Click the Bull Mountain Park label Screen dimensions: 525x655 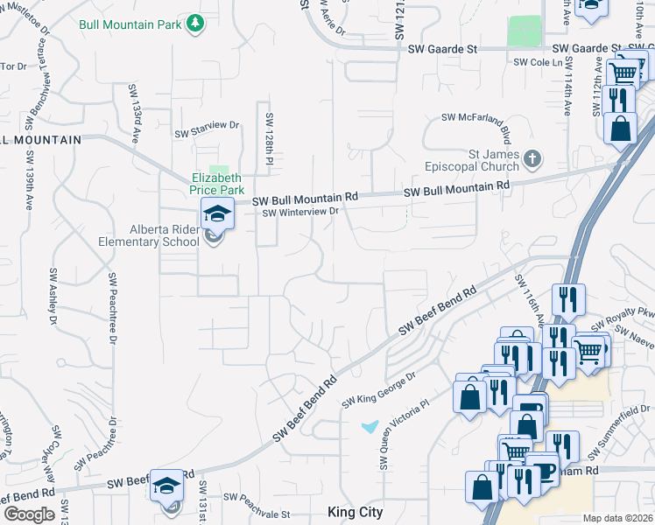(x=130, y=24)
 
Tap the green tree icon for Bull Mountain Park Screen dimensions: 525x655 (x=197, y=24)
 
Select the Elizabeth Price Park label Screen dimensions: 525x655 (x=217, y=183)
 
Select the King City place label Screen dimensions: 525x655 (x=355, y=512)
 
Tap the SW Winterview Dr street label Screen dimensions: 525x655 (x=300, y=212)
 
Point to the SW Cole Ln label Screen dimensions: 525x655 (x=537, y=62)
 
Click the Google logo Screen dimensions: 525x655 (x=29, y=514)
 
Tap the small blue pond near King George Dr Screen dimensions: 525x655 (x=370, y=427)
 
